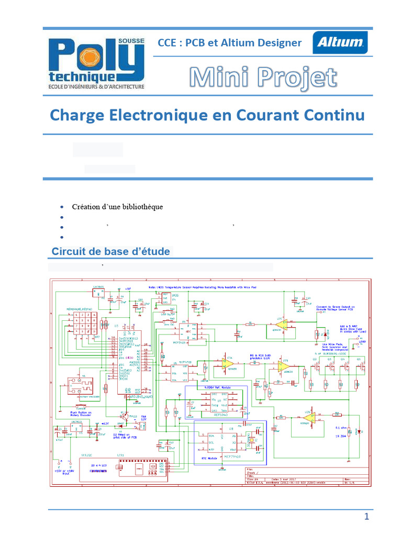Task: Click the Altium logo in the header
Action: tap(340, 42)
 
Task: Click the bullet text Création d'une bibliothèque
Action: tap(118, 206)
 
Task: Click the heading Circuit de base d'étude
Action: tap(110, 251)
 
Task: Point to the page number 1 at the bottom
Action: tap(367, 517)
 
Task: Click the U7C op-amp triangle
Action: tap(282, 325)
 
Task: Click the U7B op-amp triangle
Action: tap(284, 367)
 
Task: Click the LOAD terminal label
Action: tap(362, 343)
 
